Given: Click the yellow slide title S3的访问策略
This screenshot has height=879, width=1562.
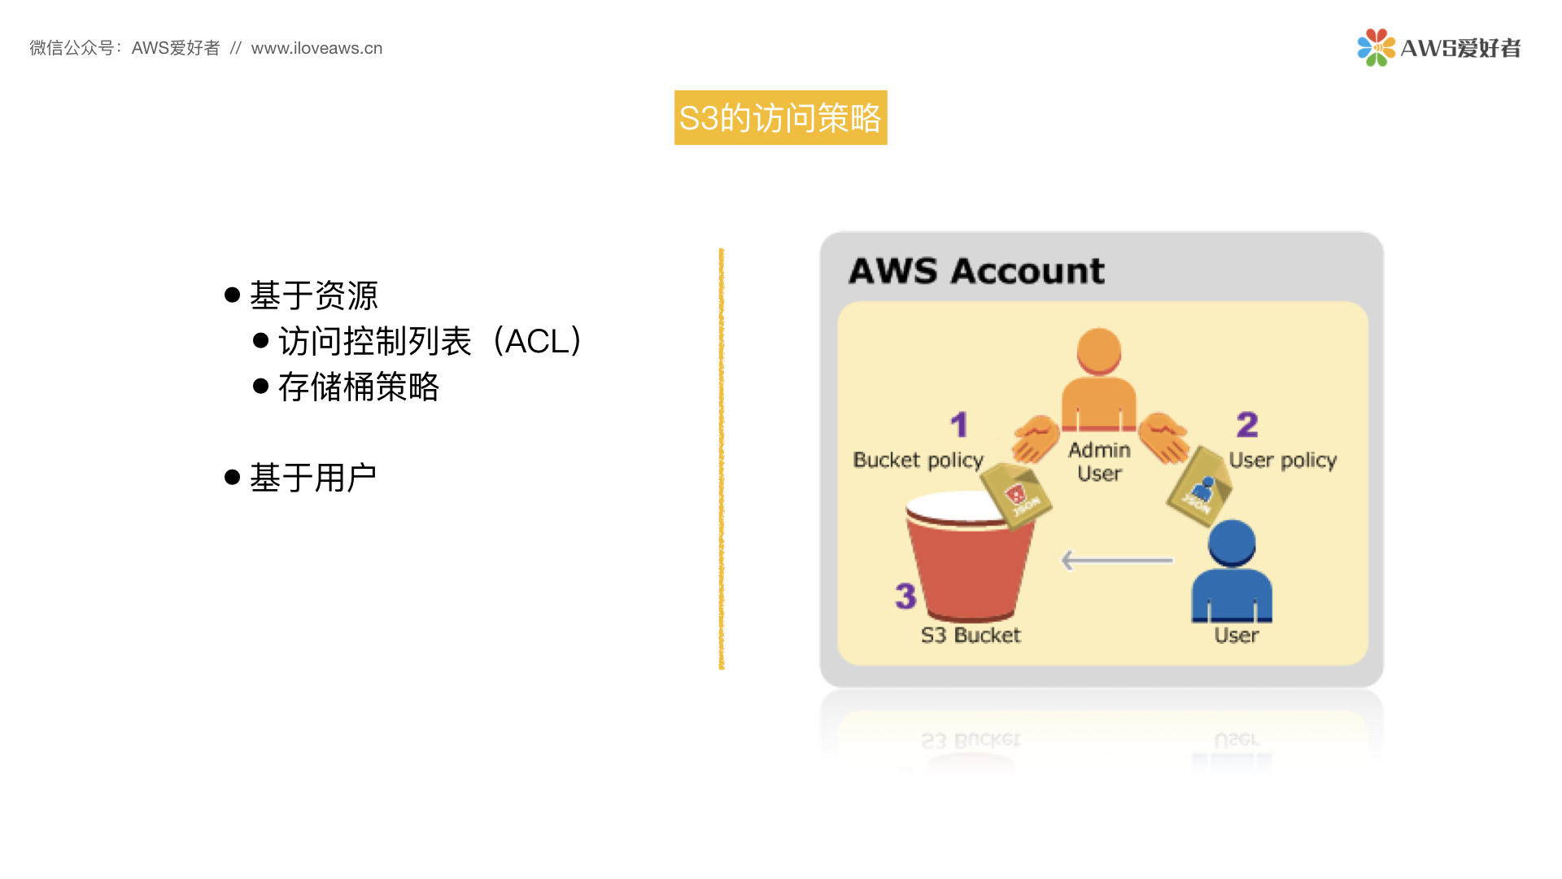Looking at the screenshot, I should tap(780, 118).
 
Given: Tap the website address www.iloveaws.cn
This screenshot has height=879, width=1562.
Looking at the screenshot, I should tap(316, 48).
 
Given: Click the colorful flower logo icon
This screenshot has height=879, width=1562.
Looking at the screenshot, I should tap(1376, 47).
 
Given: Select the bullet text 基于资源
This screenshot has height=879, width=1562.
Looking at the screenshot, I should tap(313, 295).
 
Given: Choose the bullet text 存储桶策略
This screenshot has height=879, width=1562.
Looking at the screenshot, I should tap(358, 387).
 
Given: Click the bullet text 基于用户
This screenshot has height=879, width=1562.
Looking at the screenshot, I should tap(312, 478).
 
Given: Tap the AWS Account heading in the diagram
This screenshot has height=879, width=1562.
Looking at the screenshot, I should tap(976, 271).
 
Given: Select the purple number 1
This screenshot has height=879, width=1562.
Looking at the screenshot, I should tap(959, 424).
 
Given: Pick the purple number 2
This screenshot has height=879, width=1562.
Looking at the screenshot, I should tap(1247, 424).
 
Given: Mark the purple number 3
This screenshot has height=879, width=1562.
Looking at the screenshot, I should tap(905, 596).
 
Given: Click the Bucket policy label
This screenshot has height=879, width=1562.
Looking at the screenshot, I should tap(918, 461).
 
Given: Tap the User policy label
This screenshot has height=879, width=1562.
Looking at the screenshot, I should tap(1283, 461).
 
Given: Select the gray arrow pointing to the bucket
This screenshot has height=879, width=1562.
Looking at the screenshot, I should tap(1117, 560).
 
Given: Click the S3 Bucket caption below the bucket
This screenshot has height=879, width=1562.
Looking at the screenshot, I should tap(971, 636).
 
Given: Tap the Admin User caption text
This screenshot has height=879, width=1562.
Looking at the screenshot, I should tap(1099, 461).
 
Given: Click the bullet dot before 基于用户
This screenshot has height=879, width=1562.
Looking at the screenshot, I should tap(232, 477).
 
